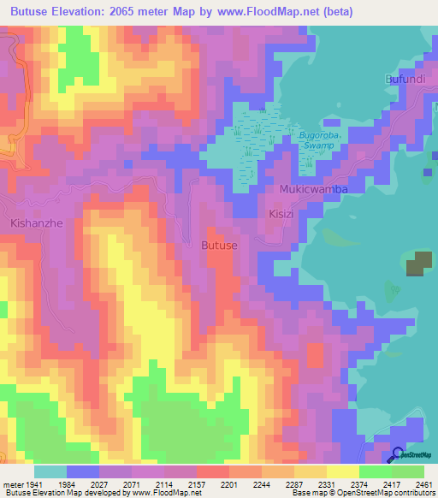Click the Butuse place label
218,245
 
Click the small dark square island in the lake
418,264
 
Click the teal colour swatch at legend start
50,471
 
